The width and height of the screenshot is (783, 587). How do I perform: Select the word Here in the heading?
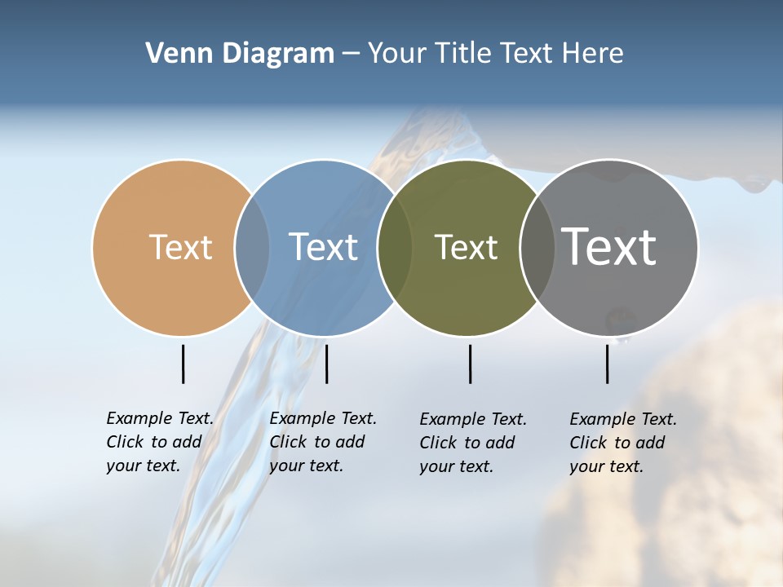592,54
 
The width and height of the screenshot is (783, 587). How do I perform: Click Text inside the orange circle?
180,247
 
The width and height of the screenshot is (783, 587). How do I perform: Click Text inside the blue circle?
323,247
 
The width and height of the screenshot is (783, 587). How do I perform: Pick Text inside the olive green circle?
466,248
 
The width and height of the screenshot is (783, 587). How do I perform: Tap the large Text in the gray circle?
609,246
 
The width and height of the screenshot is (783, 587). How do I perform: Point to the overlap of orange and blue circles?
252,248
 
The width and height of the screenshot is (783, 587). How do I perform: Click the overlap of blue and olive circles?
395,248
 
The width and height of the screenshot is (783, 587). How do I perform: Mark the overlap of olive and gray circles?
537,248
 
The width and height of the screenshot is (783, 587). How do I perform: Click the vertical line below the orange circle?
183,364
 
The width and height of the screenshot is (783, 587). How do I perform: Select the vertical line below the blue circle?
326,364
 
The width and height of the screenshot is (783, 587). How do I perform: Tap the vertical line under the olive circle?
470,364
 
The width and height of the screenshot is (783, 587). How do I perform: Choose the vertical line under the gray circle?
607,364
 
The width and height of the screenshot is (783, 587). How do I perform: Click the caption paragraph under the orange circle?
159,442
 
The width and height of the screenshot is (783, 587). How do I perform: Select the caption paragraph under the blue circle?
322,442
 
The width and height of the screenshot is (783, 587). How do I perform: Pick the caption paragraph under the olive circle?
472,443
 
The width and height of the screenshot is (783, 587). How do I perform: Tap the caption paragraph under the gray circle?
622,443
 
